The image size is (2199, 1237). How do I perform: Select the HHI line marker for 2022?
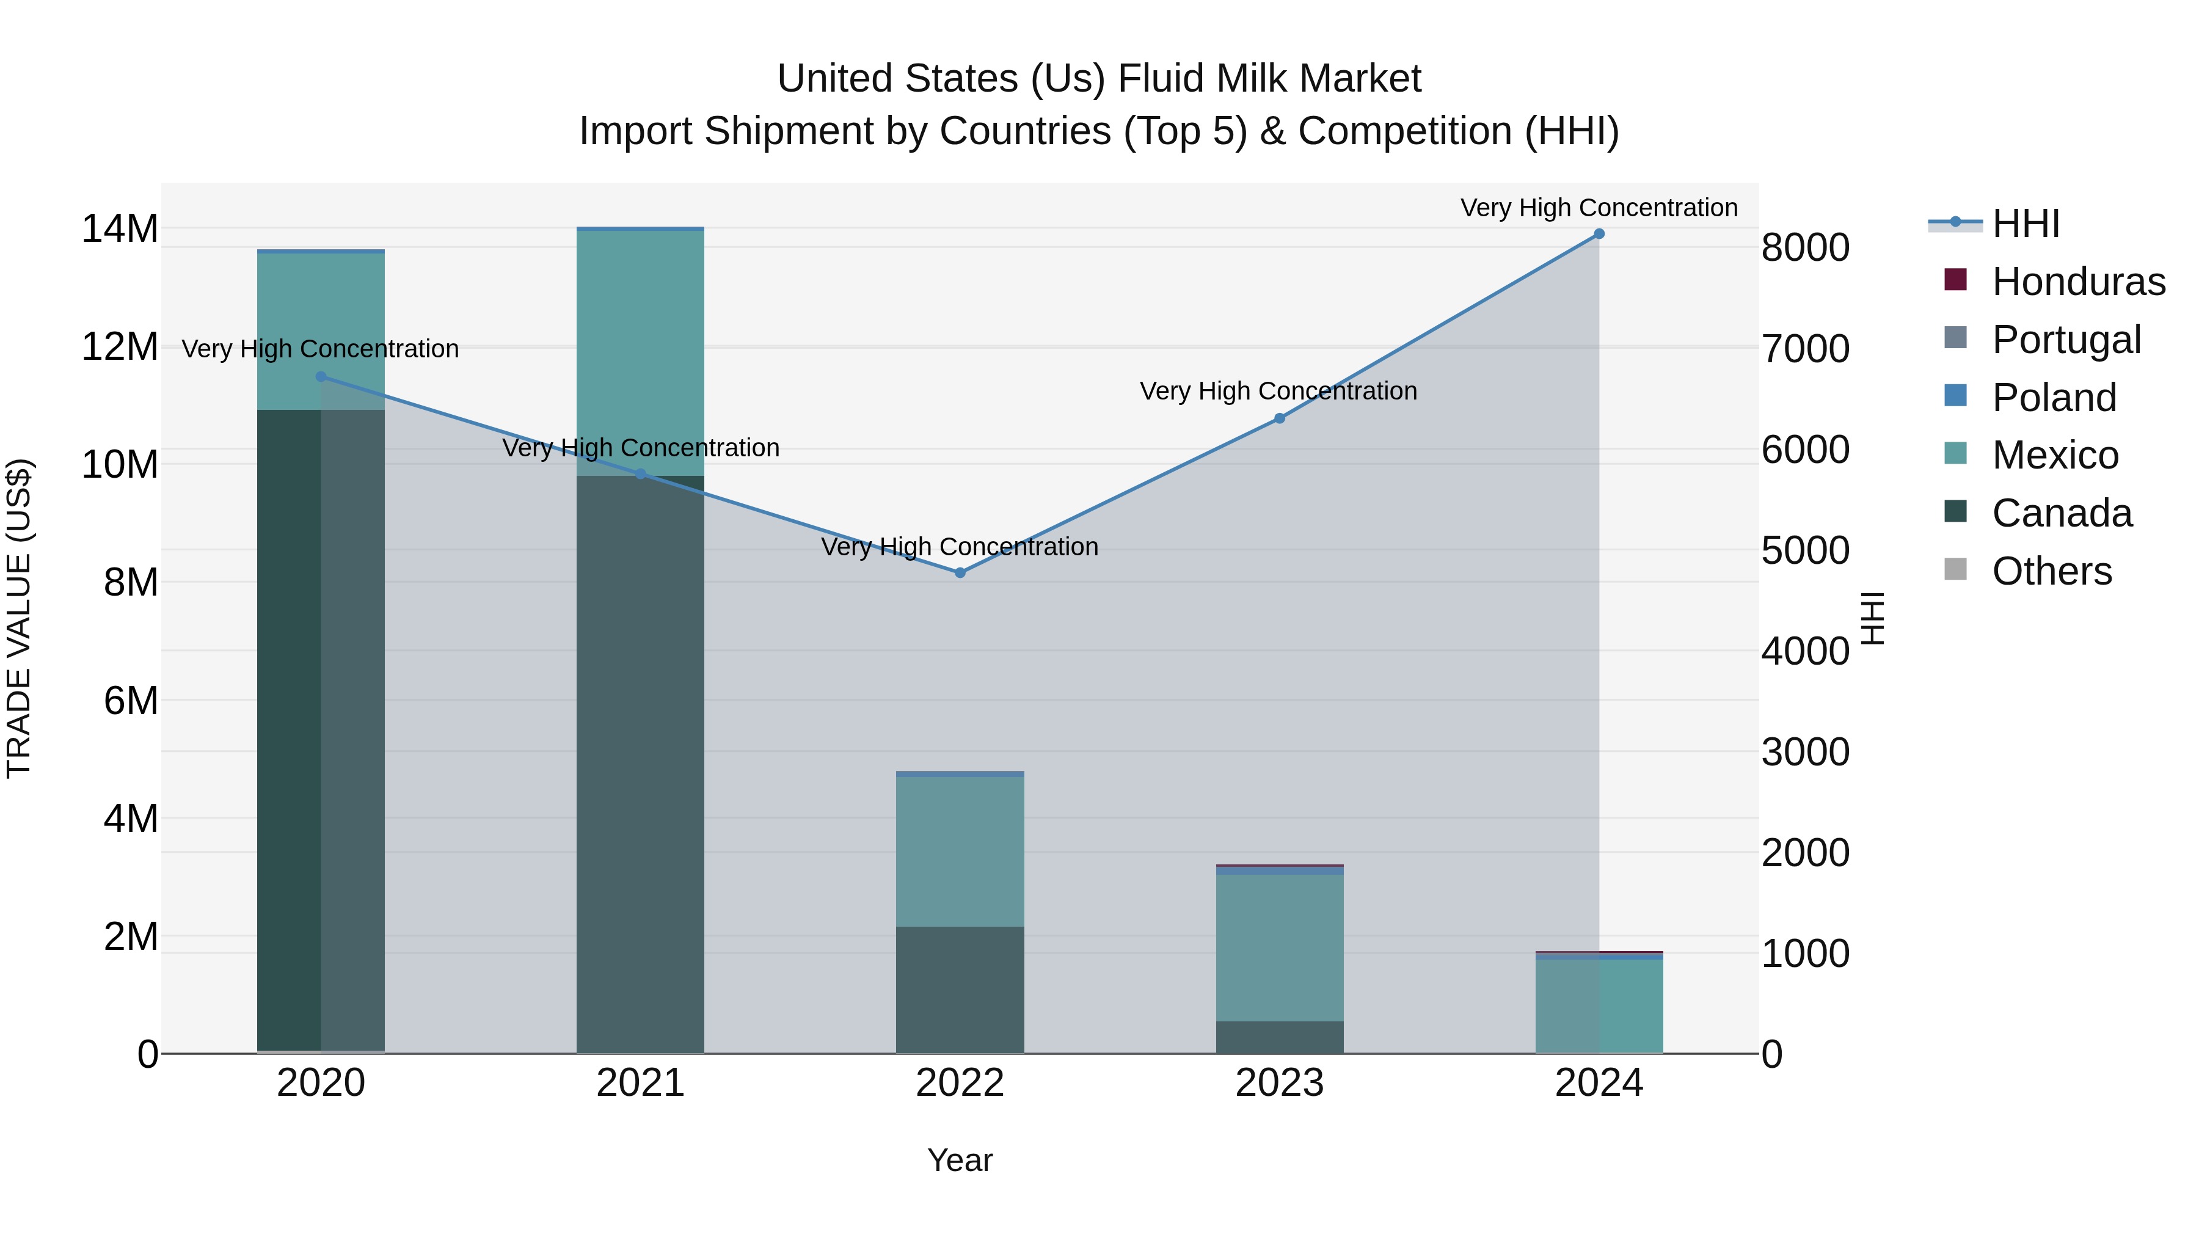coord(960,573)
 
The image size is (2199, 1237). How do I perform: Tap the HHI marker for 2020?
coord(321,376)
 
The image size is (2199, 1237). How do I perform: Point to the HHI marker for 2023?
coord(1278,418)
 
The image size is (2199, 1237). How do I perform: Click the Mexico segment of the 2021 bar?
coord(640,350)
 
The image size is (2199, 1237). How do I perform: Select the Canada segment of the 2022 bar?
coord(960,990)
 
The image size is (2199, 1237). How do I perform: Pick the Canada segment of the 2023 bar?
coord(1278,1037)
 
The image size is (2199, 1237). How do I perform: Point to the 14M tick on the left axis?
coord(120,229)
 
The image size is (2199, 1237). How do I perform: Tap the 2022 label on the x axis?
coord(960,1083)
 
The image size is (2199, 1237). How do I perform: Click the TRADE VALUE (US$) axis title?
coord(19,618)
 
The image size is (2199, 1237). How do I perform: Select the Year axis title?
coord(960,1160)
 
